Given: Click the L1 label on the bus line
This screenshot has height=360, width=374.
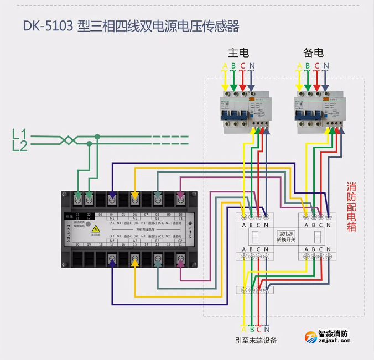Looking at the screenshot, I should pos(19,133).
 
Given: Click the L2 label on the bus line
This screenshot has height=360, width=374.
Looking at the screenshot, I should pos(19,145).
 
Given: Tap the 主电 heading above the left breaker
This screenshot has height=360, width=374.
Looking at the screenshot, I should pos(238,53).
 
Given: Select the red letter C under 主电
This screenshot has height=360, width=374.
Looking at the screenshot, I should pos(242,66).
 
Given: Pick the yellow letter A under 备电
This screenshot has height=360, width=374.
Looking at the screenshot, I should pos(300,66).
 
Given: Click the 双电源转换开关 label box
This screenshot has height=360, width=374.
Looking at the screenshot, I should pos(287,237).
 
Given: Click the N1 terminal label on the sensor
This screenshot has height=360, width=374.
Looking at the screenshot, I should pos(112,218).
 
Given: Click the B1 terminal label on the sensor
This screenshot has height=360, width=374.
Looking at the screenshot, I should pos(157,218).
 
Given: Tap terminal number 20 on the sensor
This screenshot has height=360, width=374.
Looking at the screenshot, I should pos(77,244).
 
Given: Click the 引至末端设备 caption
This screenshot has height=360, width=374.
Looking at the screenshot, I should pos(255,340).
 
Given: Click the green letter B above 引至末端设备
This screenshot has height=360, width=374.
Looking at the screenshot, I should pos(251,329).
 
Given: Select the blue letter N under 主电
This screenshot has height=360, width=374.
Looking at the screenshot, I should pos(252,66).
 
